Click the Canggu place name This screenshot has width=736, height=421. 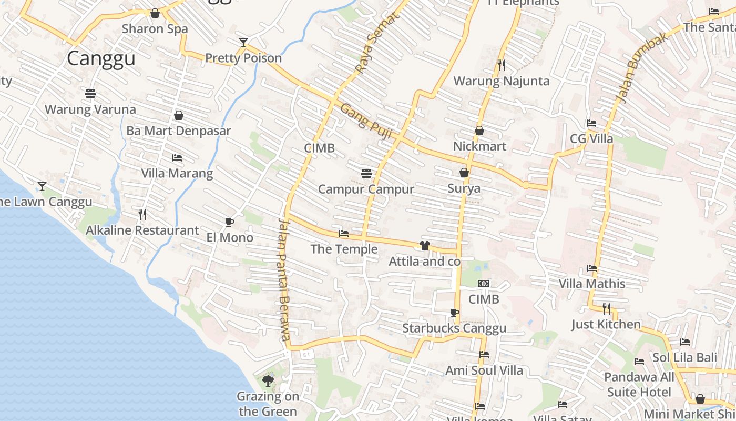(101, 58)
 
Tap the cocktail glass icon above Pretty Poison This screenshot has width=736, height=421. (243, 43)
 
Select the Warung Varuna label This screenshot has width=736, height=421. (90, 109)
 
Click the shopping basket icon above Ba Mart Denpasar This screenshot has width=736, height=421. (179, 115)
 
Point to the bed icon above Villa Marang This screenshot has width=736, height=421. (177, 158)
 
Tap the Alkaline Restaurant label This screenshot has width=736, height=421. (142, 230)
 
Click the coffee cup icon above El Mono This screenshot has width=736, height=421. (229, 222)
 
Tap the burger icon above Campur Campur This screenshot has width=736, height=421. (366, 173)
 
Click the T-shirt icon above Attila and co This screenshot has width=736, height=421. (425, 246)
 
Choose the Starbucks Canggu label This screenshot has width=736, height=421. (454, 328)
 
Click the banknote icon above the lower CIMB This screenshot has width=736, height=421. (484, 284)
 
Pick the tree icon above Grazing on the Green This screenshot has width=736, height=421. (268, 380)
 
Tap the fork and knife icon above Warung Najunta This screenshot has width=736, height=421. (502, 65)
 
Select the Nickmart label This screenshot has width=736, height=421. (479, 146)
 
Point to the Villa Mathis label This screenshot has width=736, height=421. (592, 284)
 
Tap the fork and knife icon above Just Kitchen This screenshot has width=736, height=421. (607, 308)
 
